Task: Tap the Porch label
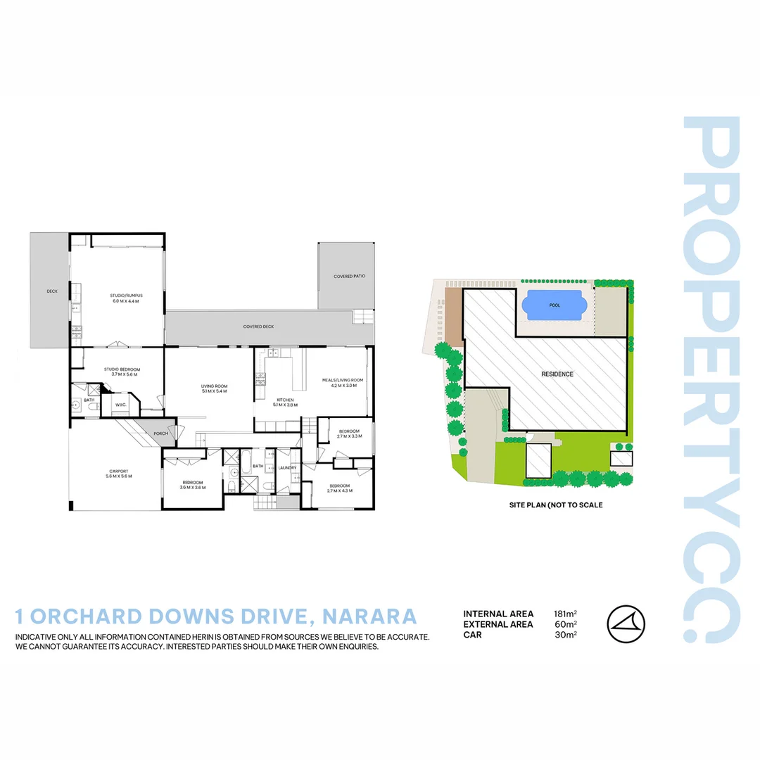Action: coord(160,433)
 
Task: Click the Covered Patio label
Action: coord(349,277)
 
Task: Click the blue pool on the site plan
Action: coord(555,305)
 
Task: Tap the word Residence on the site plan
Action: coord(557,374)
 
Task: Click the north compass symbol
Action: coord(626,624)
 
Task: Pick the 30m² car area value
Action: coord(565,635)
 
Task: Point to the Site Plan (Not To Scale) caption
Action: coord(556,505)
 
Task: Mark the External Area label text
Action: coord(498,624)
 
